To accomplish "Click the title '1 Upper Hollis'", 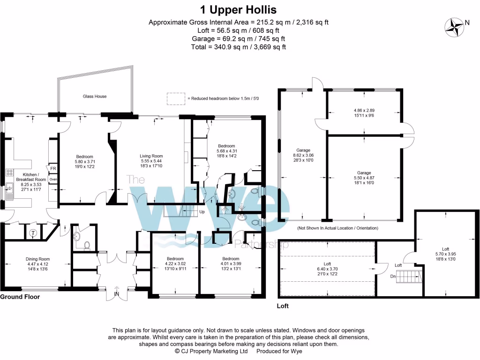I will [x=238, y=9].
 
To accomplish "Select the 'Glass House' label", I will [x=95, y=97].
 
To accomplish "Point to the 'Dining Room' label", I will [x=37, y=259].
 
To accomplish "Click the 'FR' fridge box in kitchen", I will [x=53, y=169].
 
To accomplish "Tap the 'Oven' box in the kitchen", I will [x=53, y=179].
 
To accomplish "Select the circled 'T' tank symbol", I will [x=33, y=233].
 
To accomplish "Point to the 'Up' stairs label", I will [x=202, y=212].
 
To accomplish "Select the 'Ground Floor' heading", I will [x=20, y=297].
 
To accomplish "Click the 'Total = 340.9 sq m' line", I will [x=238, y=47].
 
